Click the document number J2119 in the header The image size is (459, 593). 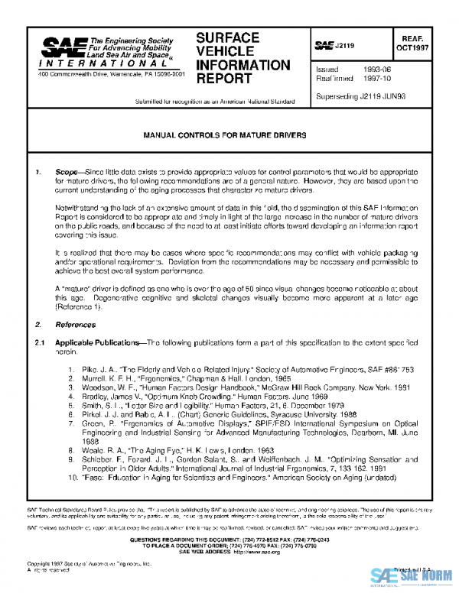point(344,47)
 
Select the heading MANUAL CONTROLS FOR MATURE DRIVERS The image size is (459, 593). point(226,134)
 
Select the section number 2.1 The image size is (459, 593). point(42,342)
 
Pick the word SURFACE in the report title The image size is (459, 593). point(227,38)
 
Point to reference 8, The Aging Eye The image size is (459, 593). point(168,449)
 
